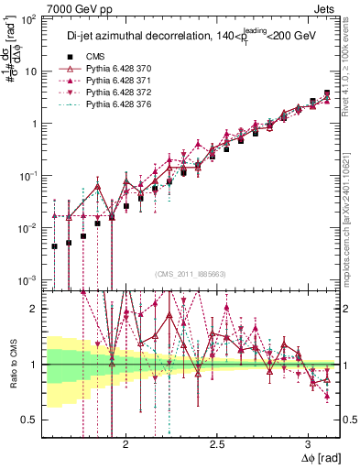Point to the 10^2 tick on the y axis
(29, 19)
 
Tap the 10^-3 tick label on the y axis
(27, 279)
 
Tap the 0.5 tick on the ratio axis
(30, 420)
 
